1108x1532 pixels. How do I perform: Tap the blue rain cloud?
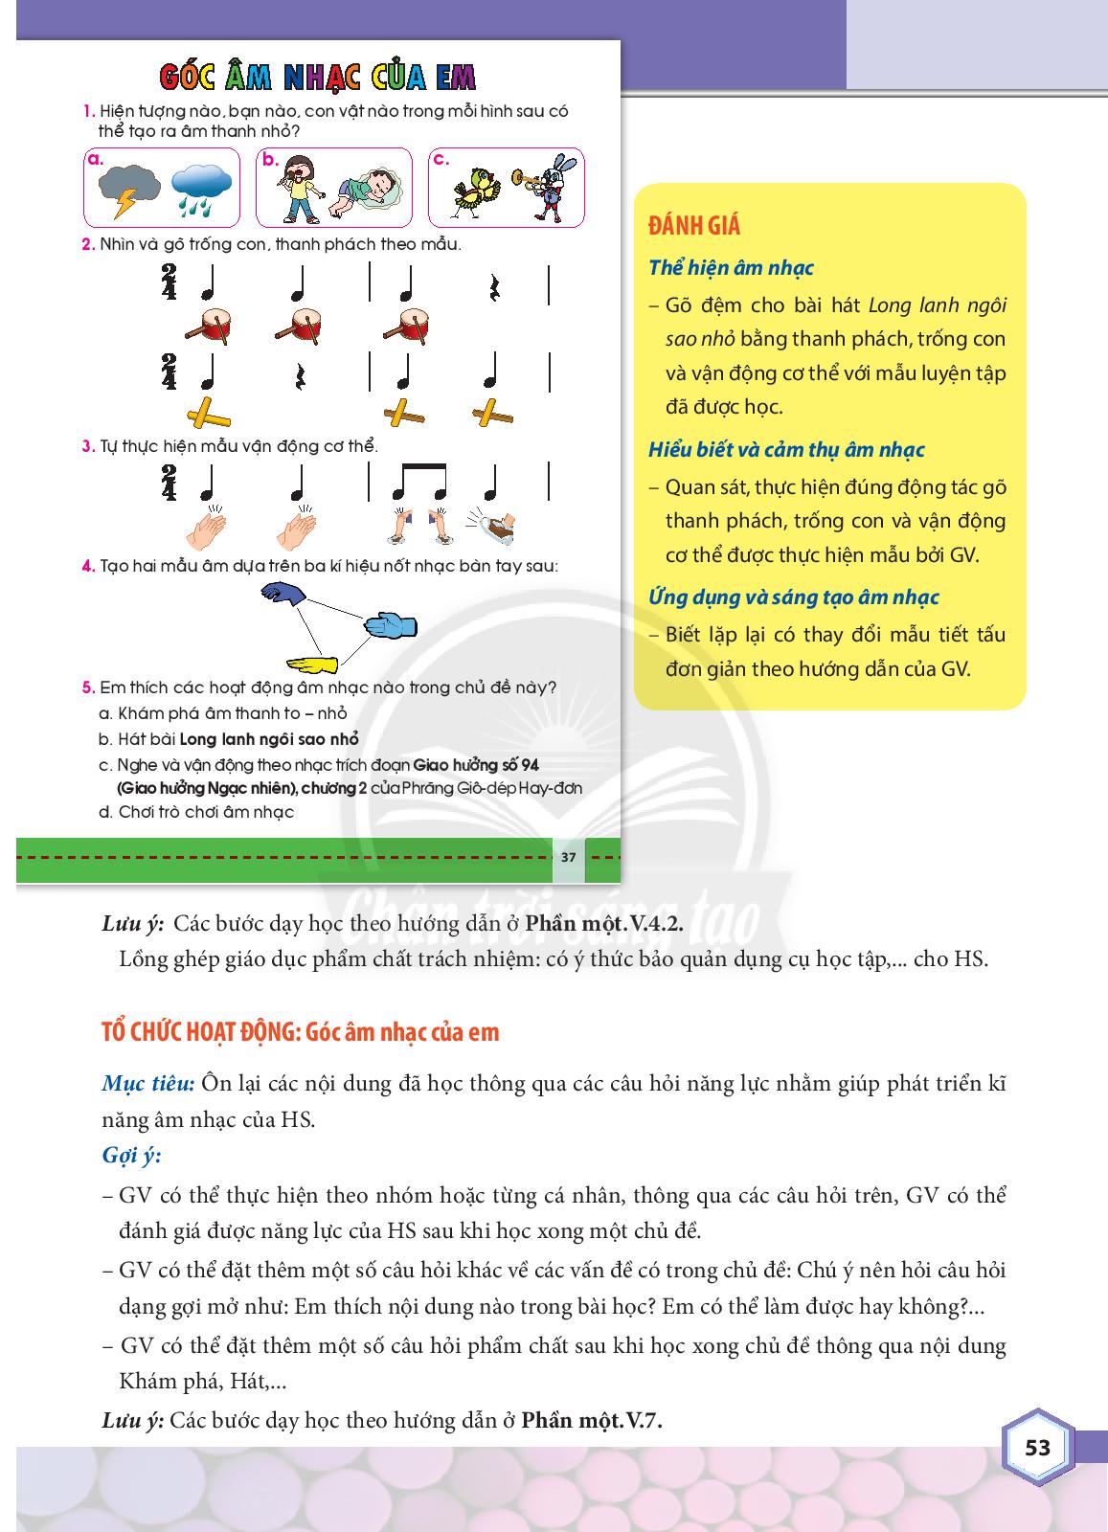(200, 188)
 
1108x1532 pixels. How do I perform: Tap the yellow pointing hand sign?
(312, 663)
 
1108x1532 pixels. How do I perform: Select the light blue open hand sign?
(390, 624)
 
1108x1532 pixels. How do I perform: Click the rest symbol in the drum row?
(494, 285)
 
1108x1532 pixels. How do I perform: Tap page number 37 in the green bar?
(568, 857)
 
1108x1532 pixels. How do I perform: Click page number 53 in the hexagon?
(1038, 1447)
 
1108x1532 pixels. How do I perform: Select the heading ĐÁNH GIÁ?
(694, 227)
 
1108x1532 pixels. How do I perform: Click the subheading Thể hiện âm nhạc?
(731, 268)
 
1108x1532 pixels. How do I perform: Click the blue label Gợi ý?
(131, 1155)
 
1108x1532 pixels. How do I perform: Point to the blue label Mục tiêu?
(147, 1084)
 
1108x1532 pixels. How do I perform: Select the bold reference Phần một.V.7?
(593, 1420)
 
